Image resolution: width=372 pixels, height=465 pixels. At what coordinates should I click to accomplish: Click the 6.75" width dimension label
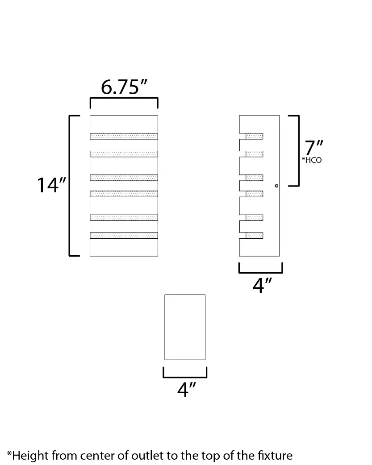(x=124, y=87)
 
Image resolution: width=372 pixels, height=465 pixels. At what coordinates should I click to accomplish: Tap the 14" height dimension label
(x=51, y=185)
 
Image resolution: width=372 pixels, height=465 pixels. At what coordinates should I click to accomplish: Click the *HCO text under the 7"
(x=311, y=160)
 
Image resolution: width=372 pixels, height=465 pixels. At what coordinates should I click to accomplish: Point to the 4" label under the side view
(x=263, y=285)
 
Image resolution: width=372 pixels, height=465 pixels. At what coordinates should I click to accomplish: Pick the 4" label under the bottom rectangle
(x=187, y=390)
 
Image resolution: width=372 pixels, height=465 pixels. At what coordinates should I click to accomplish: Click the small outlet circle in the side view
(x=277, y=186)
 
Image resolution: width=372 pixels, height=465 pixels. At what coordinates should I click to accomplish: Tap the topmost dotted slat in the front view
(x=124, y=136)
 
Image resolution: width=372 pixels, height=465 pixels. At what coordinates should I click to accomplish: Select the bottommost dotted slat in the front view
(x=124, y=236)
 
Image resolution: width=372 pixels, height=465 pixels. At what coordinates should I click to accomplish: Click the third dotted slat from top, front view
(x=124, y=178)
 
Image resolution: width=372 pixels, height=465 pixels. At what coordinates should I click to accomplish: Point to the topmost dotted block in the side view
(x=255, y=136)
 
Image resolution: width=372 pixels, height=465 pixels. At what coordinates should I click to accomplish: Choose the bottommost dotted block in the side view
(x=255, y=236)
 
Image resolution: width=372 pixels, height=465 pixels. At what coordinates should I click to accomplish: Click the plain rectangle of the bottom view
(x=185, y=328)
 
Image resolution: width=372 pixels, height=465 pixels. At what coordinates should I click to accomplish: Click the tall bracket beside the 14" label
(x=75, y=186)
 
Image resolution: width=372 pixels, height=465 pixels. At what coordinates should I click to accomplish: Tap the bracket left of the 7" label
(x=294, y=151)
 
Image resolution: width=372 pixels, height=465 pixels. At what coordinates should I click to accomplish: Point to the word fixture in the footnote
(x=275, y=455)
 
